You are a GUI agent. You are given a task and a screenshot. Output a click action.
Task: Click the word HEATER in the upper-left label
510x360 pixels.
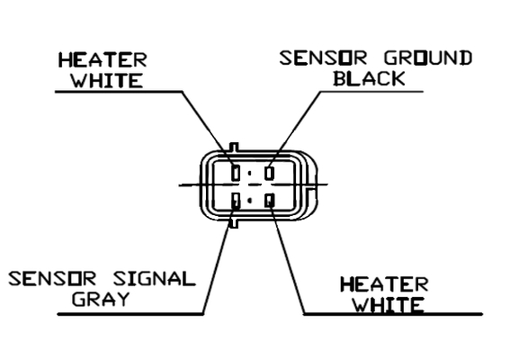point(103,60)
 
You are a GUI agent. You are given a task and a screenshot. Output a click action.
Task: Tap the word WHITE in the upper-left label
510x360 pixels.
point(107,80)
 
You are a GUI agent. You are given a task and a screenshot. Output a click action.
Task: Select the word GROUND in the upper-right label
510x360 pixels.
point(428,58)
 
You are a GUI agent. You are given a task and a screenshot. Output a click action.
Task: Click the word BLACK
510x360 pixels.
point(370,78)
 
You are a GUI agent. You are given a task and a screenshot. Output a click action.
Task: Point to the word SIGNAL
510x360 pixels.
point(155,279)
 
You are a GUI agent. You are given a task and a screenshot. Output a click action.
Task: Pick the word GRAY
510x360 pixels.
point(101,299)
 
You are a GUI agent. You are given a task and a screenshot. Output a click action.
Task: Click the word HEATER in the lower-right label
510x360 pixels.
point(384,284)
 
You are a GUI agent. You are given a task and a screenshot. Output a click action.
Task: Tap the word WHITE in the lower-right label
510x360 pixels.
point(389,305)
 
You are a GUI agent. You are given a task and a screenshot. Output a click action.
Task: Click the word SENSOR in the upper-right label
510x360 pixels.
point(323,58)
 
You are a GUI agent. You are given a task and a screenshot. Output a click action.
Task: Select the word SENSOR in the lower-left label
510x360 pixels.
point(52,279)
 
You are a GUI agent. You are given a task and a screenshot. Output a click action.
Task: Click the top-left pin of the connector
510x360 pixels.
point(236,173)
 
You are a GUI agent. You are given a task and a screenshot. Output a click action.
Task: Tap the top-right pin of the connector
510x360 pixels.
point(269,173)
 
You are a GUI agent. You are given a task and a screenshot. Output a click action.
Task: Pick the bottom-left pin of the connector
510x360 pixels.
point(236,200)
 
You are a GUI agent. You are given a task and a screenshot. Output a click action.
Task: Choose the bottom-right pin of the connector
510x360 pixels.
point(269,200)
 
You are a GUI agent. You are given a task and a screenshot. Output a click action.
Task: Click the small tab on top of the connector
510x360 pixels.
point(234,147)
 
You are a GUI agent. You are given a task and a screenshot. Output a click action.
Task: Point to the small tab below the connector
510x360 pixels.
point(234,223)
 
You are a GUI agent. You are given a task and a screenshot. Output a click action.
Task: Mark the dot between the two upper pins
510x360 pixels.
point(250,174)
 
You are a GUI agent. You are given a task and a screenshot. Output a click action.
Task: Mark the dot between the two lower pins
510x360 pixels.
point(250,201)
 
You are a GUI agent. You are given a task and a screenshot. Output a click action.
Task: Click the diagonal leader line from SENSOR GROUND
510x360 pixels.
point(295,129)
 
